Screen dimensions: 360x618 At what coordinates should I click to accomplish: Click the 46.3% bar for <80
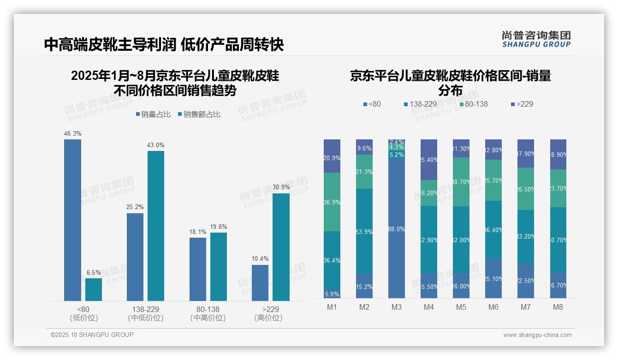click(x=72, y=220)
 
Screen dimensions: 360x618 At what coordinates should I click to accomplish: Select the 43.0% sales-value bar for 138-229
click(x=156, y=226)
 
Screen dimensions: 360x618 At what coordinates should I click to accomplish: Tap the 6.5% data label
click(x=94, y=273)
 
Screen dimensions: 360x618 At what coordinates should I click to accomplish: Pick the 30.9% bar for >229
click(x=281, y=247)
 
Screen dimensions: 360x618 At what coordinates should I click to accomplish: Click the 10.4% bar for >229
click(x=260, y=282)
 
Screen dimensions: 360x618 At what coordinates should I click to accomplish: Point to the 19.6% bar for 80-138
click(x=219, y=266)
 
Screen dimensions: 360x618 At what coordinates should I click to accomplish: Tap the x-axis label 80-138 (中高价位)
click(x=208, y=313)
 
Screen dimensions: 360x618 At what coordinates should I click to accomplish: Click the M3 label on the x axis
click(x=397, y=307)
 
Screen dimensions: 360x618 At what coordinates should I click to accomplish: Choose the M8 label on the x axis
click(x=558, y=307)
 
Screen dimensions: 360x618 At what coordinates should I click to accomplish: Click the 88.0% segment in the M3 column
click(x=397, y=229)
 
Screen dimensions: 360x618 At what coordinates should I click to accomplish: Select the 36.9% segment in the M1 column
click(x=332, y=202)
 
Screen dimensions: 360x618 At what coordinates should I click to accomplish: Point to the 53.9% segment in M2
click(x=364, y=232)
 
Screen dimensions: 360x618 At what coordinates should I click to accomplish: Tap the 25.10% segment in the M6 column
click(x=493, y=279)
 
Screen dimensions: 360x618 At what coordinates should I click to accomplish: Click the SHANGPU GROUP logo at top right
click(x=536, y=39)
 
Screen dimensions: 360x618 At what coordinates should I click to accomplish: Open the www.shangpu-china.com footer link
click(x=537, y=335)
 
